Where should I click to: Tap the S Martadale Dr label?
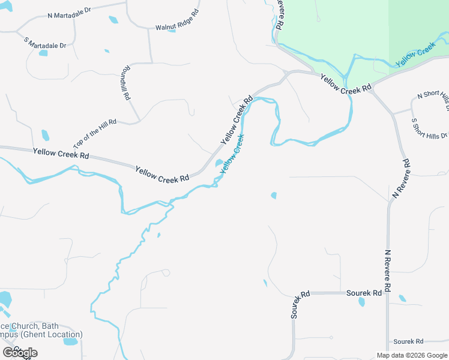[45, 42]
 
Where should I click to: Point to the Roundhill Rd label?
[125, 82]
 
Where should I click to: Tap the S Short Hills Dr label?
[430, 128]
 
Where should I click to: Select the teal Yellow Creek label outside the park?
[232, 154]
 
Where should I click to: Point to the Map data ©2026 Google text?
[411, 355]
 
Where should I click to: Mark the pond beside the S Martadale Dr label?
[43, 53]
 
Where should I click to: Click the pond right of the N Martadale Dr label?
[113, 19]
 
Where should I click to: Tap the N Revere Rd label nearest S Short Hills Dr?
[401, 179]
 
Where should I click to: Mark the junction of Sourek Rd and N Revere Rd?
[388, 293]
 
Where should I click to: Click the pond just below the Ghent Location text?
[70, 342]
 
